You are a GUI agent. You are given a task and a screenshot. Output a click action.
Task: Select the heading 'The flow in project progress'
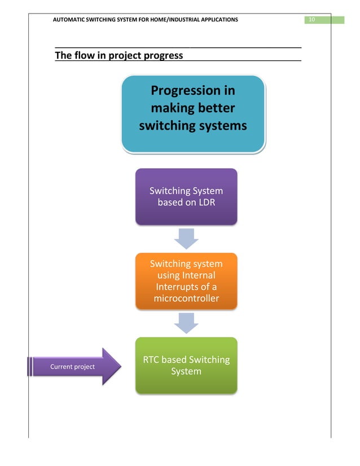pyautogui.click(x=118, y=55)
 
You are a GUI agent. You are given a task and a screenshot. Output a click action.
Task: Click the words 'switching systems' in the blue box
pyautogui.click(x=193, y=125)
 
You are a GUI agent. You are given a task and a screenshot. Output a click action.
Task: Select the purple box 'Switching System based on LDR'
pyautogui.click(x=186, y=196)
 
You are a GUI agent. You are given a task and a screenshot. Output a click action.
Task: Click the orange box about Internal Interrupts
pyautogui.click(x=186, y=281)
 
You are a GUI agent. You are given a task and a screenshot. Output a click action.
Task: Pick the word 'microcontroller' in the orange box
pyautogui.click(x=186, y=298)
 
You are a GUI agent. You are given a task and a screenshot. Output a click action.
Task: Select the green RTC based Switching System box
pyautogui.click(x=186, y=365)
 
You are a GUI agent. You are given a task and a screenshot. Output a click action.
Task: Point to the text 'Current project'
pyautogui.click(x=72, y=367)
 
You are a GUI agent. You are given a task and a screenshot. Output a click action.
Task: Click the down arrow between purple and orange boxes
pyautogui.click(x=186, y=238)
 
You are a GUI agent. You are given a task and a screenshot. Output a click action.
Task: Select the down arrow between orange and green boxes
pyautogui.click(x=186, y=323)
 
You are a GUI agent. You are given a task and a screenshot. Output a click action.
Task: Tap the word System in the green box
pyautogui.click(x=186, y=372)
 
